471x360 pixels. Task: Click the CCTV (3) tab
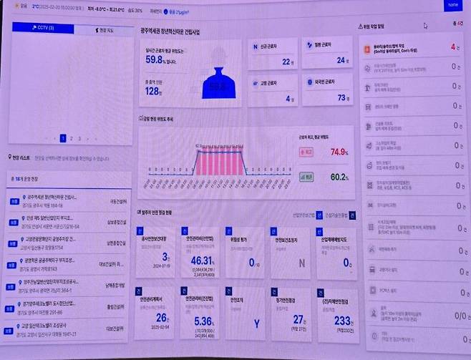point(42,29)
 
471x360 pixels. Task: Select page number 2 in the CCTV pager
point(71,138)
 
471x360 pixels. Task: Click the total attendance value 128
point(152,91)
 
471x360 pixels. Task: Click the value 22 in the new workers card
point(286,62)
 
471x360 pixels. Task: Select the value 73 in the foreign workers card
point(341,97)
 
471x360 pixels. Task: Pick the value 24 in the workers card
point(341,61)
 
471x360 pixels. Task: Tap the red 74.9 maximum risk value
point(338,152)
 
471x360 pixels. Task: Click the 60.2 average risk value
point(338,176)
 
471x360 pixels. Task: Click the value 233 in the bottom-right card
point(342,321)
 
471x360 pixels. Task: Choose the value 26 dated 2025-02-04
point(162,317)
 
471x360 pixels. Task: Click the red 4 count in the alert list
point(452,47)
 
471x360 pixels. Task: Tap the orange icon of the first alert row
point(369,47)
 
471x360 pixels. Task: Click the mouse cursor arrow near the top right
point(425,26)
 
